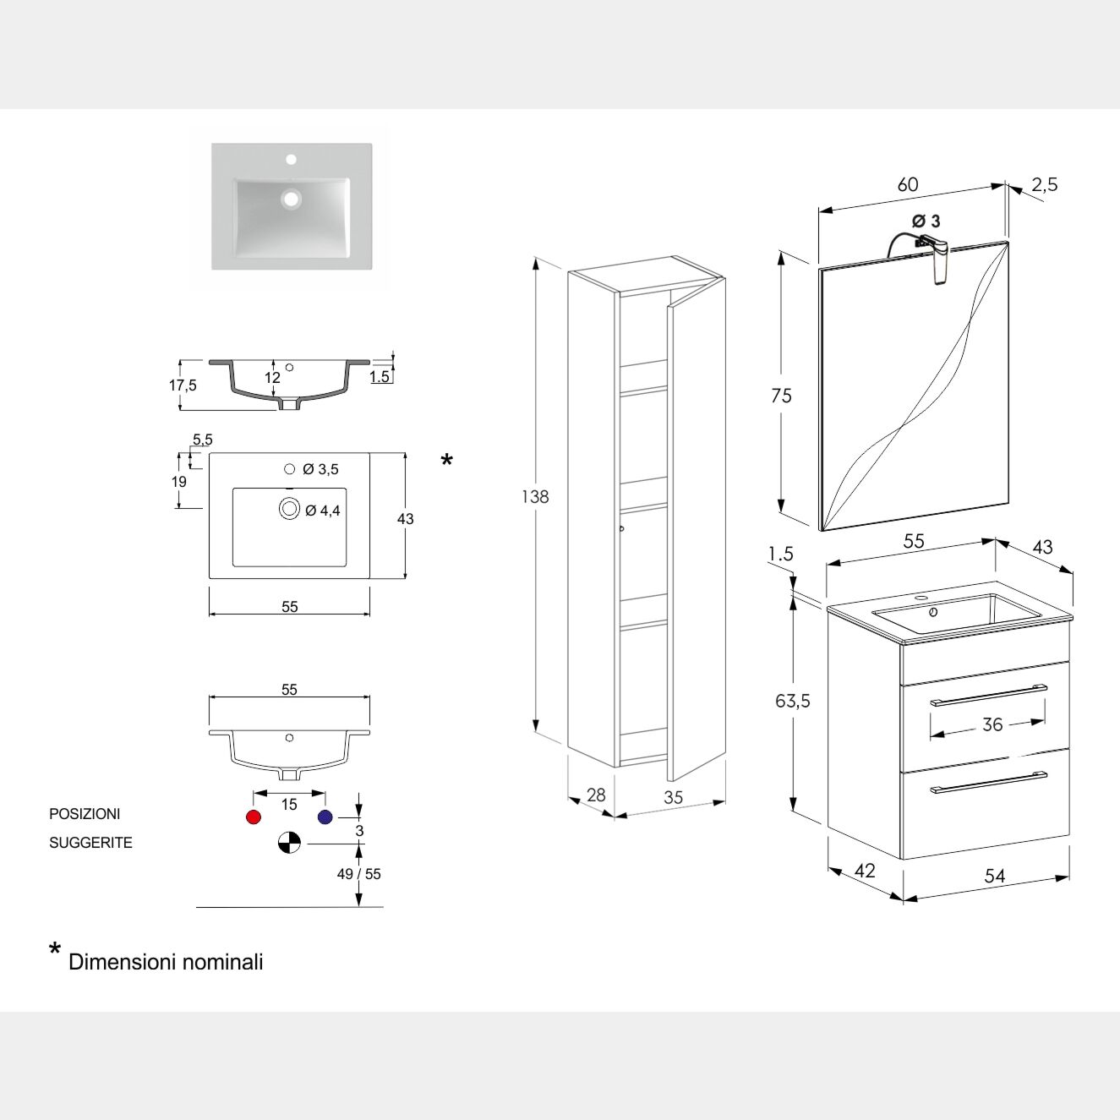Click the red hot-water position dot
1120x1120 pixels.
253,817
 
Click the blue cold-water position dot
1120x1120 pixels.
325,817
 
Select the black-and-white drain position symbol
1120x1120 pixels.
289,843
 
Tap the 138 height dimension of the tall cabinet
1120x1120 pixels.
535,497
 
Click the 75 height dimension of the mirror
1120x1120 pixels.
782,396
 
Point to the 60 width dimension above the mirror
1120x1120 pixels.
908,185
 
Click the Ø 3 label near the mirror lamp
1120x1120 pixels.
926,221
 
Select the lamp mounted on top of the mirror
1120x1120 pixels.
937,258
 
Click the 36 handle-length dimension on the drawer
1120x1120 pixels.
992,724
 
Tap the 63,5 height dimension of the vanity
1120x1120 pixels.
793,701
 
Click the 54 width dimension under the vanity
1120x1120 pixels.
995,876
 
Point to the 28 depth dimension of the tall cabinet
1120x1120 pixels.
596,795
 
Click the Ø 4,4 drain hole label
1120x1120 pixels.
323,511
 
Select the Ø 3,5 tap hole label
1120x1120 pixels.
320,469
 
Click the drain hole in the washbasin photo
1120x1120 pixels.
292,199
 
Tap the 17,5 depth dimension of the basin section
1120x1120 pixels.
183,385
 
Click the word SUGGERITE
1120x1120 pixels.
90,843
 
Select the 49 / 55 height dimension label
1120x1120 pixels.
359,874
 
